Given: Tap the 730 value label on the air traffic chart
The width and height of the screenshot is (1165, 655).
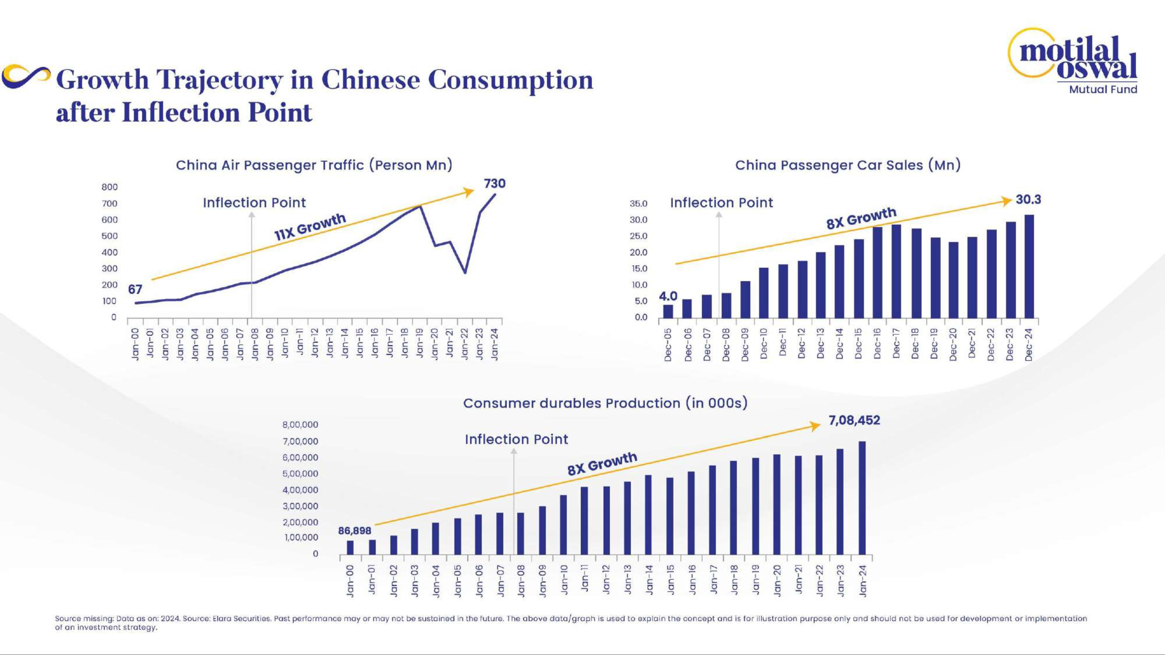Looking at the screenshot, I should pyautogui.click(x=494, y=183).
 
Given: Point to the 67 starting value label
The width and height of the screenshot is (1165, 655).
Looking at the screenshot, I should pyautogui.click(x=135, y=289).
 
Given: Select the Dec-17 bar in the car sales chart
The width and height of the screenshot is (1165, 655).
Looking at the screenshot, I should pyautogui.click(x=896, y=271).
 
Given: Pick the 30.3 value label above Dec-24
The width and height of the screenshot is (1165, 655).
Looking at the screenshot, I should pyautogui.click(x=1028, y=199).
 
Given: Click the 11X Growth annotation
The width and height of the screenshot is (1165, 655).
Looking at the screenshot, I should pyautogui.click(x=310, y=226).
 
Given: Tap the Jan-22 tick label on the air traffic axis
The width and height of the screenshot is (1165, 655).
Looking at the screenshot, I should pyautogui.click(x=465, y=344).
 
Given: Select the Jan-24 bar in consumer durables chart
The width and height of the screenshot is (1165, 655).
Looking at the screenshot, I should pyautogui.click(x=862, y=498).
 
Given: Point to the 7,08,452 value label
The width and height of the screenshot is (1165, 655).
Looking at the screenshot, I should pyautogui.click(x=854, y=420).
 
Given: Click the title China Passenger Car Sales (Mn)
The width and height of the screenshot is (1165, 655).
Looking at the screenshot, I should pyautogui.click(x=848, y=165).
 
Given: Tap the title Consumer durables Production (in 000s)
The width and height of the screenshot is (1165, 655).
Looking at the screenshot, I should pyautogui.click(x=605, y=403).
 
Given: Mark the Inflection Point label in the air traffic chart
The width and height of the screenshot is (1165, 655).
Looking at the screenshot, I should pyautogui.click(x=254, y=203).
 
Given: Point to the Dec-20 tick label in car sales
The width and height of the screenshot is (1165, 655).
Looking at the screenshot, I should pyautogui.click(x=953, y=344).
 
